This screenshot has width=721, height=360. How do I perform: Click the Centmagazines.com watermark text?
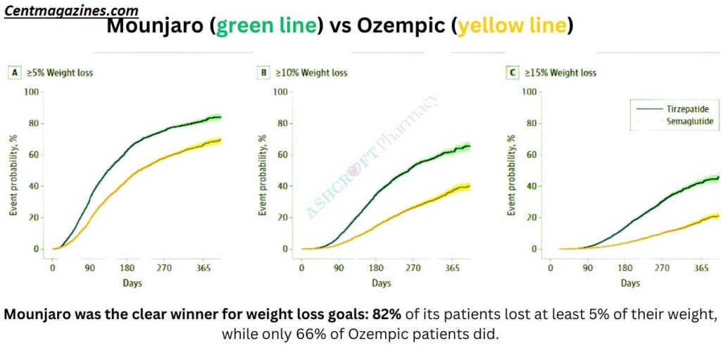(71, 11)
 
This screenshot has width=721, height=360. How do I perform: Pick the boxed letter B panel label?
(263, 72)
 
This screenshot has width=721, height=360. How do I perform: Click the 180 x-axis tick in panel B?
(376, 268)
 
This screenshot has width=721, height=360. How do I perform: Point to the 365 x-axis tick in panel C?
(702, 268)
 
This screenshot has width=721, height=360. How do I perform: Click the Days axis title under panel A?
(132, 283)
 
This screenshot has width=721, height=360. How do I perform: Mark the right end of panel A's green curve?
(220, 117)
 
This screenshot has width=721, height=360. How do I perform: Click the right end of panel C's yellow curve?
(717, 216)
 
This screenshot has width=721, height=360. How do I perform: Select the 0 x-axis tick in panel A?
(52, 268)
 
